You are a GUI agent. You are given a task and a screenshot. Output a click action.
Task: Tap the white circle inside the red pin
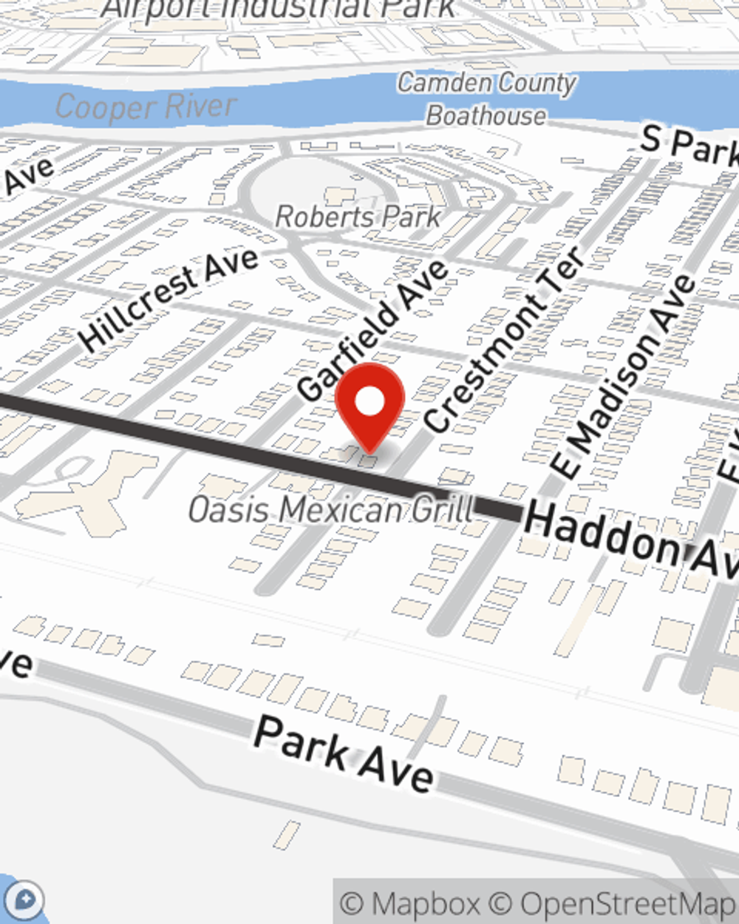369,402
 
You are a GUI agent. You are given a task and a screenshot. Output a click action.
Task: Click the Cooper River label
146,107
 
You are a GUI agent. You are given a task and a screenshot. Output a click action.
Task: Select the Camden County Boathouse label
486,99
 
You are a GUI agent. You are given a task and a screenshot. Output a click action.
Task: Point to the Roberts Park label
358,217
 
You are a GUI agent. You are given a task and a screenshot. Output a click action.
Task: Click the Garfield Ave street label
373,330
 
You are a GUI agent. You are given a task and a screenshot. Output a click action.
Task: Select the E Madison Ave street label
624,377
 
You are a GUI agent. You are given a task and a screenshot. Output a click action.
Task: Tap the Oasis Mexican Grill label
330,509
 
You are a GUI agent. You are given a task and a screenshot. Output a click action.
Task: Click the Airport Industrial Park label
279,9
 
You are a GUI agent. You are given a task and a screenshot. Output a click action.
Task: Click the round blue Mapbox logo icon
26,900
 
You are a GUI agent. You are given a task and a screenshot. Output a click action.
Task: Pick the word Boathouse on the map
486,116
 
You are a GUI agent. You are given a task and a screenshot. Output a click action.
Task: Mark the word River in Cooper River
199,106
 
